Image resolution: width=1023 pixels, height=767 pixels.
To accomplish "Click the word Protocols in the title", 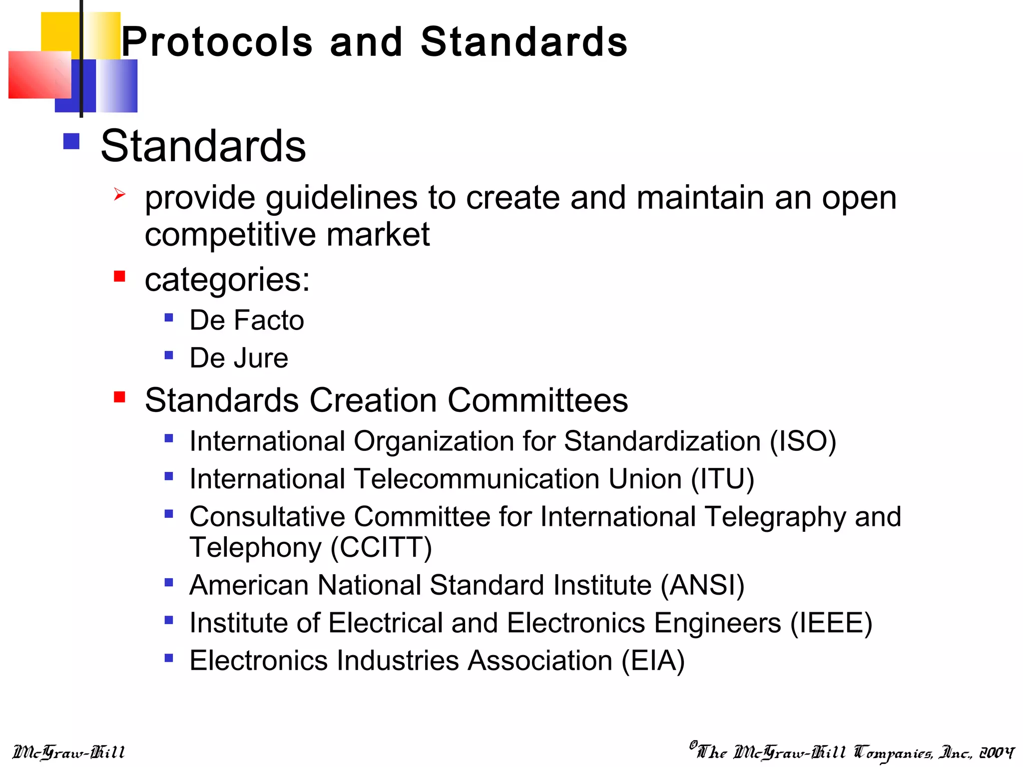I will click(217, 42).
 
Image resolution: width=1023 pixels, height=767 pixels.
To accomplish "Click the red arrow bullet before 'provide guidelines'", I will click(119, 194).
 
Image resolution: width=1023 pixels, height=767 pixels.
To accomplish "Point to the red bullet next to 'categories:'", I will click(119, 276).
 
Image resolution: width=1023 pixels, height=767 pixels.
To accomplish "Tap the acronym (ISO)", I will click(803, 441).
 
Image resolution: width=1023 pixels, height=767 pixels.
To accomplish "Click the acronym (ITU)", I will click(722, 479).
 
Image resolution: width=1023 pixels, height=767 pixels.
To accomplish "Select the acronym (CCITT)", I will click(381, 547).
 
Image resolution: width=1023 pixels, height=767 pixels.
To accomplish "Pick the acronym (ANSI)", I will click(702, 585).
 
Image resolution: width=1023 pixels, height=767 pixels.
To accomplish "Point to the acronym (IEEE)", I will click(831, 623).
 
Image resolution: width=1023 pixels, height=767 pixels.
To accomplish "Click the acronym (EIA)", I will click(653, 661).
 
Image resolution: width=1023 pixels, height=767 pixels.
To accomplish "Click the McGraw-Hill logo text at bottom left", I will click(68, 753).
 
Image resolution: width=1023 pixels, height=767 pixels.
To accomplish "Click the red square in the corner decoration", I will click(39, 75).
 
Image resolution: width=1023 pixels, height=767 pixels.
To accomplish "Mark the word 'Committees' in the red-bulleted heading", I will click(537, 400).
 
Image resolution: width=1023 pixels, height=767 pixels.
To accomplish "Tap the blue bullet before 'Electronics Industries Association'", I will click(169, 658).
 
